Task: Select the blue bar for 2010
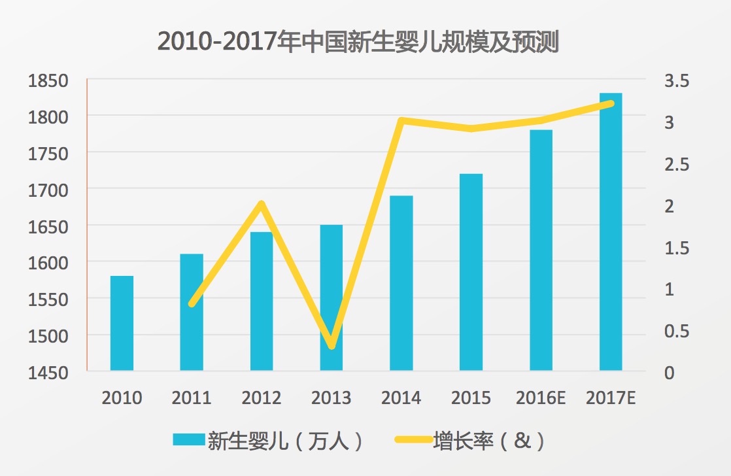122,323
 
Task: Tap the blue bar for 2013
331,297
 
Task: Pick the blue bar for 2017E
611,232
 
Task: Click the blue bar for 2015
471,272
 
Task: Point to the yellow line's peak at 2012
262,204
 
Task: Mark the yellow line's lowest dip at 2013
331,345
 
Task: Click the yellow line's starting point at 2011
192,304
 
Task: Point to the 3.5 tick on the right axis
676,82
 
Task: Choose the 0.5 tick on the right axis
676,331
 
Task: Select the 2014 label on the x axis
401,398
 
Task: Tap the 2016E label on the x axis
541,398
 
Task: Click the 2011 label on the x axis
192,398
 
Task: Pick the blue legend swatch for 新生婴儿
188,440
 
